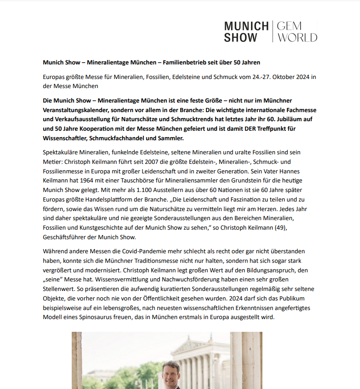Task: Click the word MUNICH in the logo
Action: click(246, 26)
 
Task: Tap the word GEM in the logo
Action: click(290, 26)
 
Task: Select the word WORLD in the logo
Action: click(297, 38)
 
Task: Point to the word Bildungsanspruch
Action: click(261, 270)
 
